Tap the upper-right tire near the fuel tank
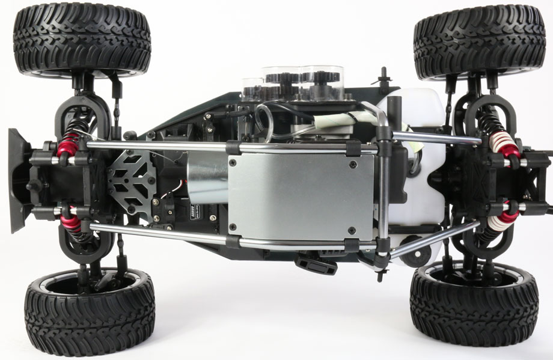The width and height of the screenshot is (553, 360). click(x=479, y=41)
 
